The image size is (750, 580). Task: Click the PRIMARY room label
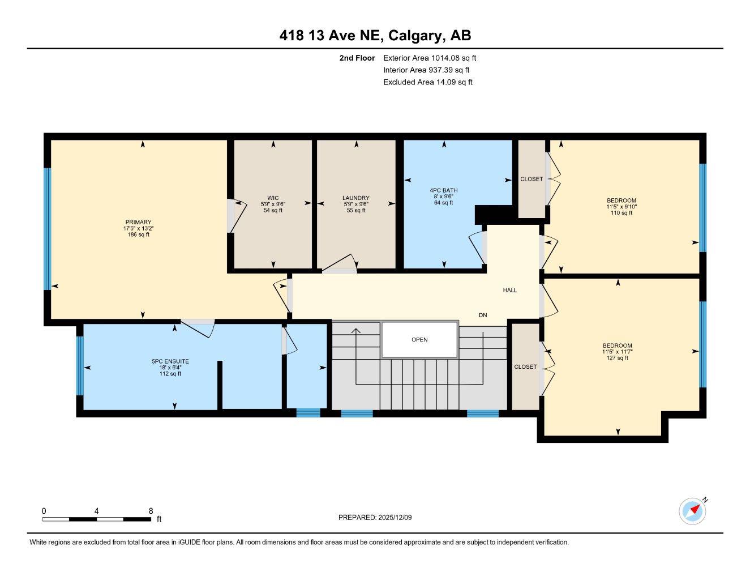(x=138, y=222)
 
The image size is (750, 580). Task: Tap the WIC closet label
(x=273, y=198)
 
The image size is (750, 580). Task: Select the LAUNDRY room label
(x=355, y=198)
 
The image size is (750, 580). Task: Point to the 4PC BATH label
(x=444, y=190)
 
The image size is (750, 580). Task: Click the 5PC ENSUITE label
(x=170, y=361)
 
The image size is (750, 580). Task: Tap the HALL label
(x=510, y=290)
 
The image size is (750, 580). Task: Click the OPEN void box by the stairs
(x=419, y=340)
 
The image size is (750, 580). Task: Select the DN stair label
(x=483, y=315)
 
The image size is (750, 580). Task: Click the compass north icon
(x=693, y=511)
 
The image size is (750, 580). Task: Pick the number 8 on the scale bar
(x=151, y=511)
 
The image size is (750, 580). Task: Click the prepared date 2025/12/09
(x=396, y=517)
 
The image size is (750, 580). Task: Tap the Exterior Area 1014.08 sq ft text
(x=430, y=58)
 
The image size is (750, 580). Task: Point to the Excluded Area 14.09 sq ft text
(x=427, y=82)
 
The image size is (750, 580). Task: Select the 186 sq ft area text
(x=138, y=234)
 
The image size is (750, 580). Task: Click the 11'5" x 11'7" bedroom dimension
(x=617, y=352)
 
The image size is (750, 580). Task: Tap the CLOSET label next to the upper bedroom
(x=532, y=179)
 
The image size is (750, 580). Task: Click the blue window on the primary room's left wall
(x=48, y=229)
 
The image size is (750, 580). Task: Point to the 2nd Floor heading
(x=357, y=58)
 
